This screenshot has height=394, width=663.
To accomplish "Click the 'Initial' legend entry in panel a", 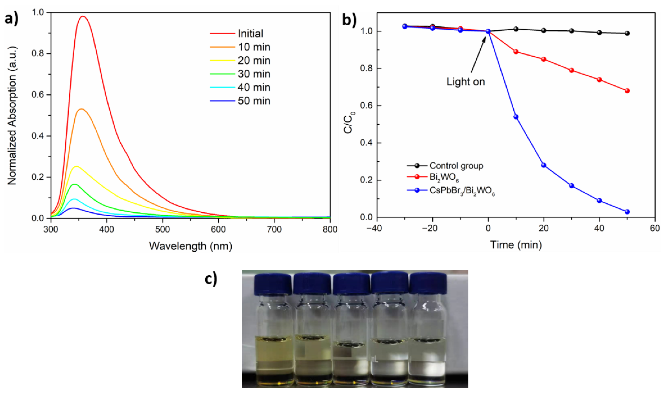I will click(250, 34).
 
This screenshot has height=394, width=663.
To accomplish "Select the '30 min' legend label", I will click(254, 74).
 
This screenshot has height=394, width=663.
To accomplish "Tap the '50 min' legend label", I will click(254, 101).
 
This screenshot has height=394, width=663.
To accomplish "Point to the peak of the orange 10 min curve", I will click(82, 109).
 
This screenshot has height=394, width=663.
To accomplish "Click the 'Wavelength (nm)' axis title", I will click(190, 246).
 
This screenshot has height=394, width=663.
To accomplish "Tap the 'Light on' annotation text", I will click(466, 82).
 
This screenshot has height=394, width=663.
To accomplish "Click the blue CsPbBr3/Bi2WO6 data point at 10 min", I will click(516, 117).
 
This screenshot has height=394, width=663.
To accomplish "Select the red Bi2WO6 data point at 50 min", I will click(627, 91).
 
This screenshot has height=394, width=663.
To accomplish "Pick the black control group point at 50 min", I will click(627, 33).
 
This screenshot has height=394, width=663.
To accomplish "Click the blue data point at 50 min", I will click(627, 212).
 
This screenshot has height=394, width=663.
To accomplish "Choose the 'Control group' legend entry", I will click(456, 166).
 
